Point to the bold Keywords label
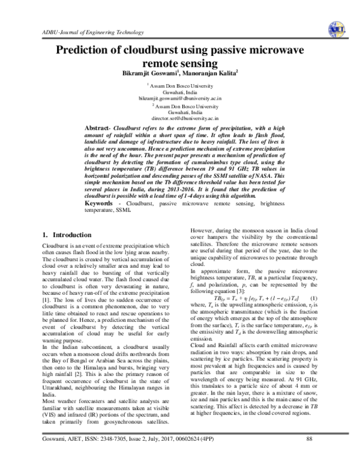102,205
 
